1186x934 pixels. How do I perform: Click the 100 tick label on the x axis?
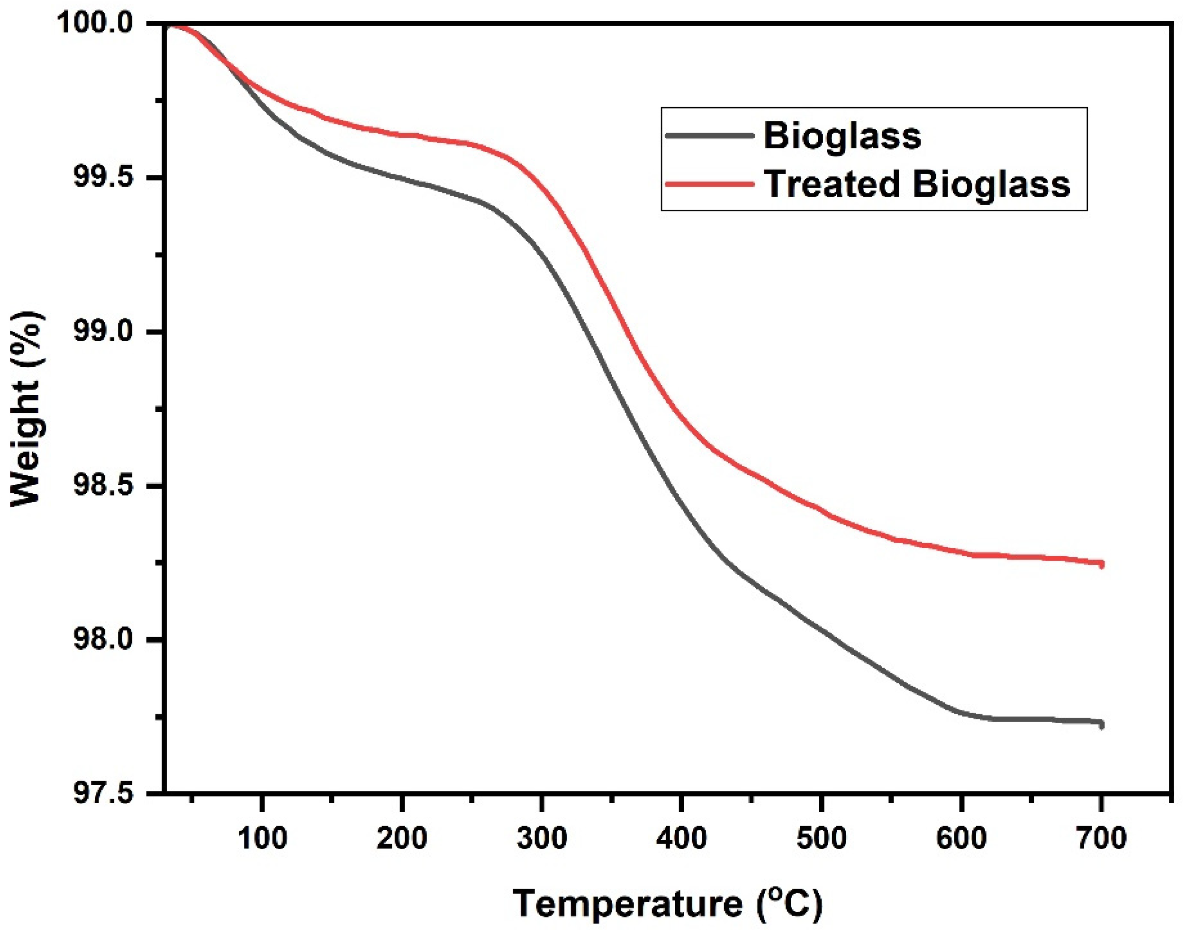262,838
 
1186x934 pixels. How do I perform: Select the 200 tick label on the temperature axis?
402,838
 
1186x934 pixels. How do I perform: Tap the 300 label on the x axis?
541,838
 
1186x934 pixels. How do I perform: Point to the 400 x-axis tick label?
681,838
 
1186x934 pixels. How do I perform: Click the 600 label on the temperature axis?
961,838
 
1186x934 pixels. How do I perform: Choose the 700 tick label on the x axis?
1101,838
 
